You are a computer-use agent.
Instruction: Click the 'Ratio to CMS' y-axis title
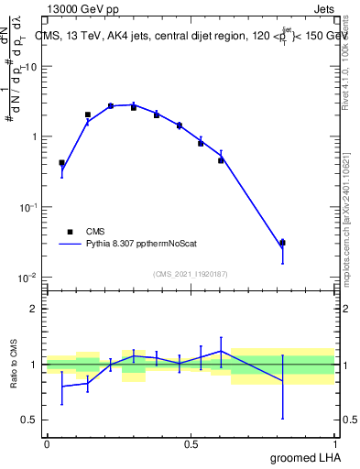point(15,364)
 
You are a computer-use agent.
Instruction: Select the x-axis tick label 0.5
point(191,443)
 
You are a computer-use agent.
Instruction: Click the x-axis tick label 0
point(47,443)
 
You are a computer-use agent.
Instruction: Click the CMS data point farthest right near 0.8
point(282,243)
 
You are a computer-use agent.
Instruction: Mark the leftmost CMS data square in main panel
point(61,163)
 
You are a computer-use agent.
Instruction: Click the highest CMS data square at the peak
point(111,105)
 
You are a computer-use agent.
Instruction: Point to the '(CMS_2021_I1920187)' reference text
point(191,273)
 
